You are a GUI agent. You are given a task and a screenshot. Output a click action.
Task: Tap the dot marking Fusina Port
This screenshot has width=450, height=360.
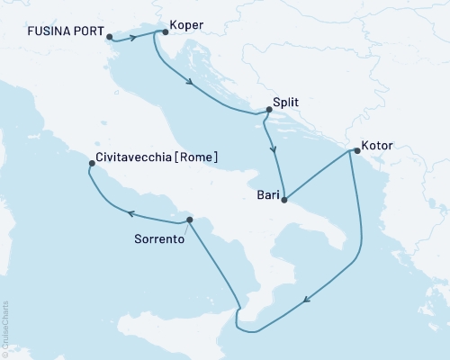coord(110,37)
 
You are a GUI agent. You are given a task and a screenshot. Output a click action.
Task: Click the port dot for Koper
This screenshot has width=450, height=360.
coord(163,32)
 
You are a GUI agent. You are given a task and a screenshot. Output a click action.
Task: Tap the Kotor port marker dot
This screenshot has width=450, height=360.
coord(355,151)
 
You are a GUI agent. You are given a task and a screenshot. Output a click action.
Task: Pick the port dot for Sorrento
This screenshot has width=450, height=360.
coord(189,220)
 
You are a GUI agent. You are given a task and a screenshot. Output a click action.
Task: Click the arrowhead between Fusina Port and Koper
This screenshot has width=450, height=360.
coord(137,37)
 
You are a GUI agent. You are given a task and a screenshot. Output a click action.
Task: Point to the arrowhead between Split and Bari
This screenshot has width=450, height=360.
coord(272,149)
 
